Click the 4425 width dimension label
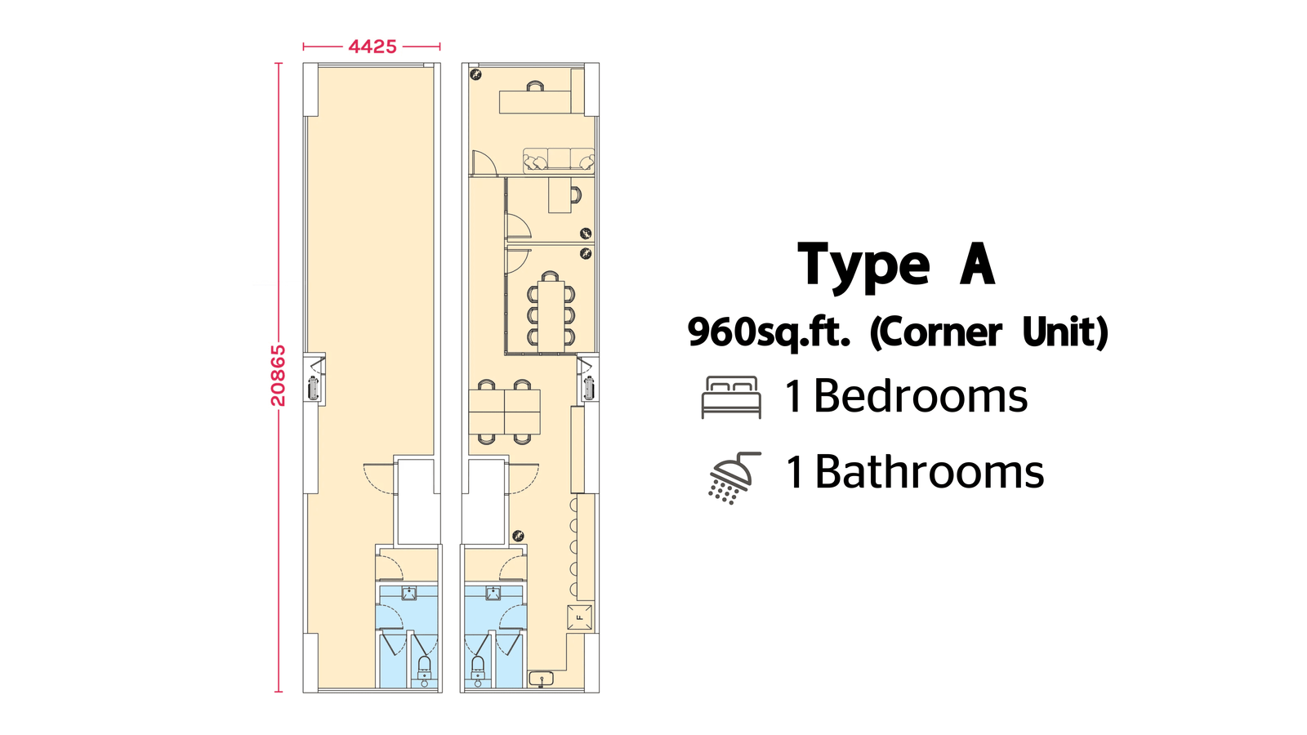coord(372,47)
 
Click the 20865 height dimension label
coord(279,375)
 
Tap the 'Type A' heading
coord(895,266)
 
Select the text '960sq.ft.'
coord(769,332)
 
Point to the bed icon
coord(731,397)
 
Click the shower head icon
coord(734,478)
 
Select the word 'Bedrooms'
coord(920,397)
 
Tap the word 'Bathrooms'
coord(929,472)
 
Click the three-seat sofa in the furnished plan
coord(559,160)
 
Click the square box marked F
coord(579,617)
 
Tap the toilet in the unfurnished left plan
coord(425,671)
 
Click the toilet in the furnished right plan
coord(478,671)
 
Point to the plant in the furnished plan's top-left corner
coord(476,74)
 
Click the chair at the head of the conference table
coord(550,276)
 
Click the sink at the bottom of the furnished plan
coord(542,679)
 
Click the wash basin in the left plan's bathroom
coord(409,593)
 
